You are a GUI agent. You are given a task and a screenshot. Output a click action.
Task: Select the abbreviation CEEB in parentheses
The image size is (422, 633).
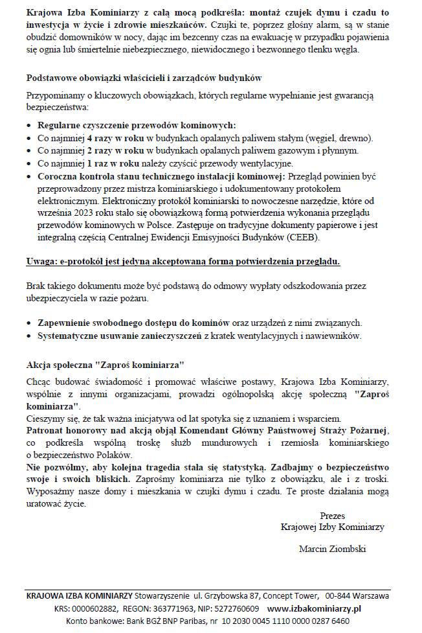coord(304,237)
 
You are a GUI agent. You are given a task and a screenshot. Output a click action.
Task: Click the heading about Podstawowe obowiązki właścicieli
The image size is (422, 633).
coord(144,78)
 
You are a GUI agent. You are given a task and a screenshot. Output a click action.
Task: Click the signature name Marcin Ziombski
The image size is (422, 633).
coord(332,549)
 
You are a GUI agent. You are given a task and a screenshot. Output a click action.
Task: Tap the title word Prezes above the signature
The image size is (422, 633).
coord(332,516)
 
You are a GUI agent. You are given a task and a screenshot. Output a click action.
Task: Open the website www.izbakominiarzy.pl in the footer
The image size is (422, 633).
coord(314,608)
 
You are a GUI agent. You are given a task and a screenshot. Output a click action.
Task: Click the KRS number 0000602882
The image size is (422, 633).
coord(95,608)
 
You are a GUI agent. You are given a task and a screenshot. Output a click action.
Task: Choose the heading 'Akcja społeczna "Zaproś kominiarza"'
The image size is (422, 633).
coord(105,363)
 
